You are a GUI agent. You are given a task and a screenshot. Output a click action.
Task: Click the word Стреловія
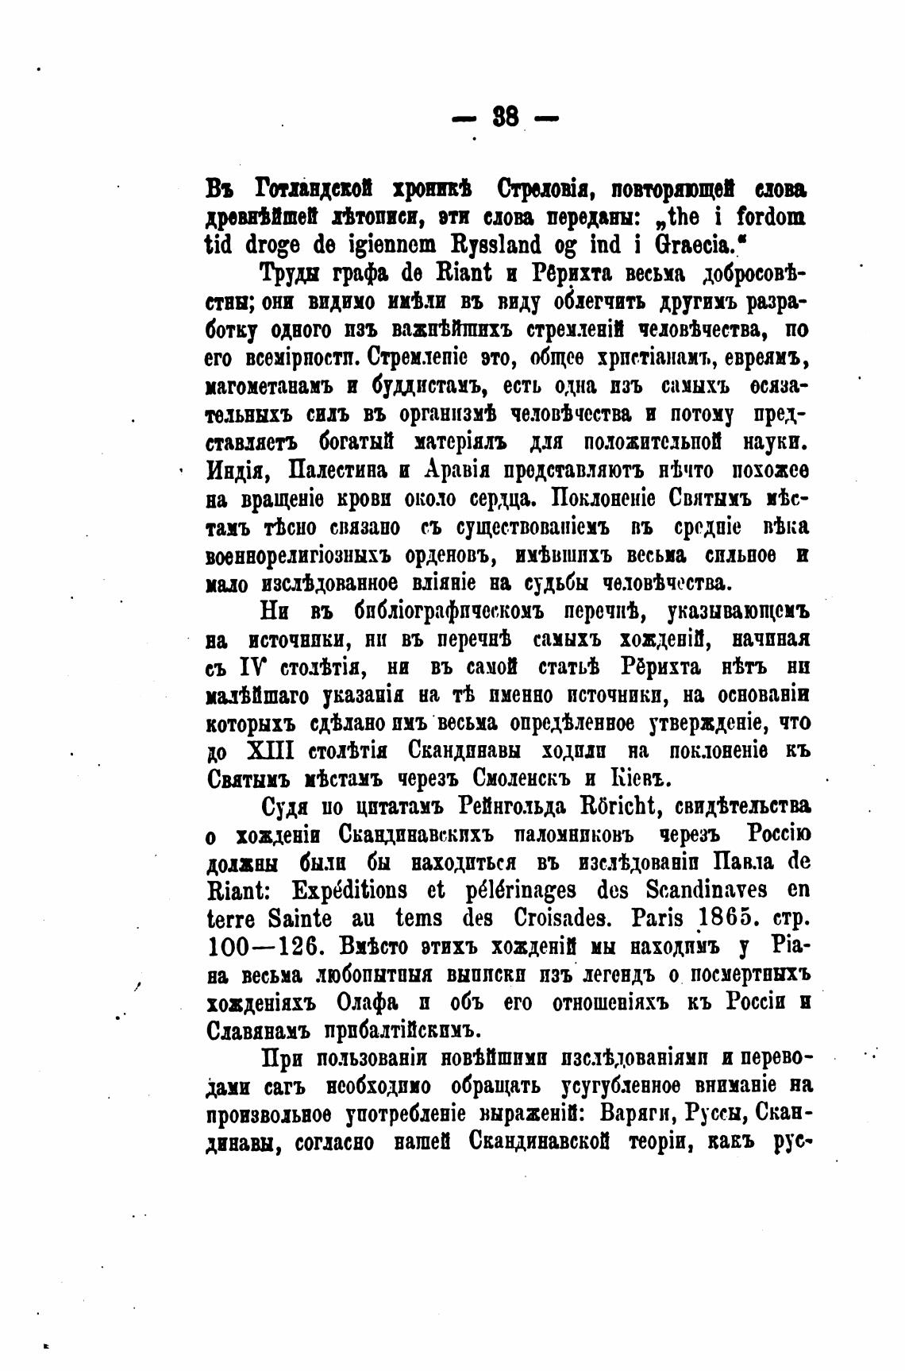pyautogui.click(x=541, y=191)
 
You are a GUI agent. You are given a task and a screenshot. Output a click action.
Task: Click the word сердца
pyautogui.click(x=483, y=499)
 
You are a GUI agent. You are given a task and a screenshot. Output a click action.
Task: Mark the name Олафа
pyautogui.click(x=381, y=1003)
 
